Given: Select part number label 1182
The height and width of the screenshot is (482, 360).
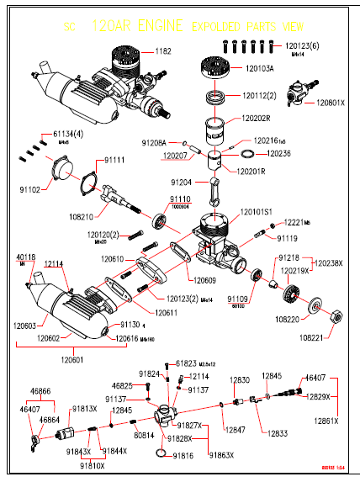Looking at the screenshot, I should [164, 51].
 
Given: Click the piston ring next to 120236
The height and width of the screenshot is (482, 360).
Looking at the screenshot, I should [247, 154].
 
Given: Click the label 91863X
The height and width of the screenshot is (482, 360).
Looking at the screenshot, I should [220, 455].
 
